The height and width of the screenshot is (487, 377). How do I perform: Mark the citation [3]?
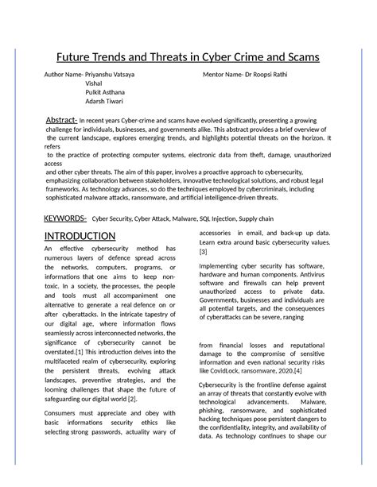tap(204, 251)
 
